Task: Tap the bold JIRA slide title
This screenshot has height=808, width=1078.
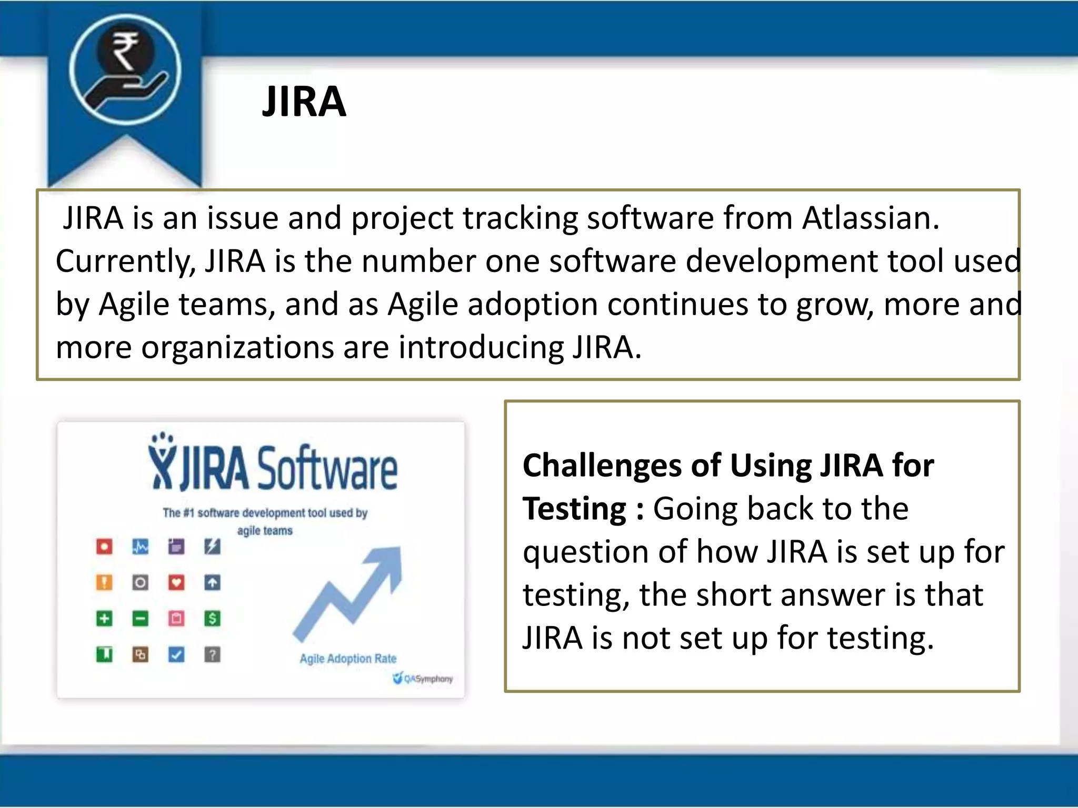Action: click(304, 102)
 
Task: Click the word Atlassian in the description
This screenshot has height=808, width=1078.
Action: click(870, 218)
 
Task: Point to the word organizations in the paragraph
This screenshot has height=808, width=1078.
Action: click(237, 347)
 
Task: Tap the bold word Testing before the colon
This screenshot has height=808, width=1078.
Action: click(574, 509)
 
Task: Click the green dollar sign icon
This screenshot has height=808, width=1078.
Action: click(212, 619)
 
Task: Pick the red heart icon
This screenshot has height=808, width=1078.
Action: click(176, 583)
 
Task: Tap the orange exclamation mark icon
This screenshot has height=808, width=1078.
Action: click(104, 583)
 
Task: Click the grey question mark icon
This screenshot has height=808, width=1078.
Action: click(212, 655)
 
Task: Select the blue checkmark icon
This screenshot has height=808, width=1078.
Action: click(176, 655)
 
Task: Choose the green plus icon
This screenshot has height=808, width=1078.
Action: click(104, 619)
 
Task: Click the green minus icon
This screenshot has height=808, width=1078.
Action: click(140, 619)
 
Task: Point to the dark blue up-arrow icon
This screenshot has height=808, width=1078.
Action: click(212, 583)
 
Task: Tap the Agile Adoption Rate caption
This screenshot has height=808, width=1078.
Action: click(348, 659)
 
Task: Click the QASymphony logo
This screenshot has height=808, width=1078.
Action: click(423, 679)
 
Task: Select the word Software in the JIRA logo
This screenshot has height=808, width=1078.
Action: click(327, 468)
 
